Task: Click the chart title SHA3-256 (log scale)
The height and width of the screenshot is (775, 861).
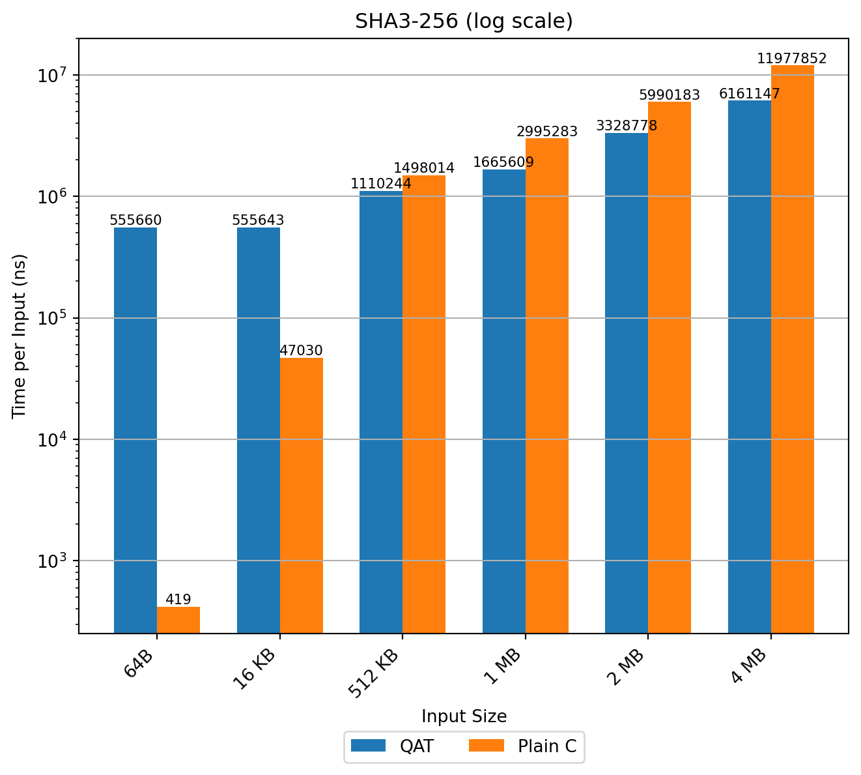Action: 464,22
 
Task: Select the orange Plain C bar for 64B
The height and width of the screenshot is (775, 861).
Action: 178,620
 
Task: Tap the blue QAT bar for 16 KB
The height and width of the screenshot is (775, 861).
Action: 259,430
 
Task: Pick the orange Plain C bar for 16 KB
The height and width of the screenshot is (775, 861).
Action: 302,495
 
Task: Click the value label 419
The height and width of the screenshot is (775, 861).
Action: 178,600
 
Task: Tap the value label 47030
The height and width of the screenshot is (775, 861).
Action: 302,351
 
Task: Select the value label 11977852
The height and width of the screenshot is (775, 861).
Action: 792,59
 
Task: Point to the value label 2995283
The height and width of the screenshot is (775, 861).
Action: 547,132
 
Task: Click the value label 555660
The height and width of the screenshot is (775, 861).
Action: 135,220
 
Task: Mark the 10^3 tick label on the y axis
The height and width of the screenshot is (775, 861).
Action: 54,561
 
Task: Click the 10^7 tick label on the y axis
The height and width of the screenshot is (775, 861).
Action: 54,75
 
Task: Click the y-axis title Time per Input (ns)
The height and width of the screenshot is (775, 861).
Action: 20,336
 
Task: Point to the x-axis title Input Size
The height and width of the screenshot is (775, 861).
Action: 464,716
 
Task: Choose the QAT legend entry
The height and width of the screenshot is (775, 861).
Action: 392,746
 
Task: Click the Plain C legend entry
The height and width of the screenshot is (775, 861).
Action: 524,746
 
